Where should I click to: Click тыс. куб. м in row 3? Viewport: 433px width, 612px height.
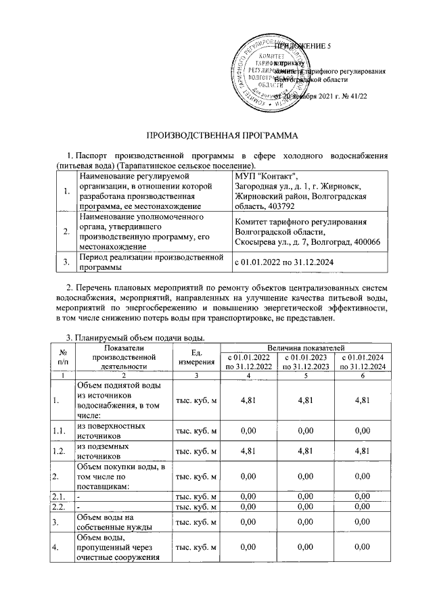(x=197, y=521)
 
